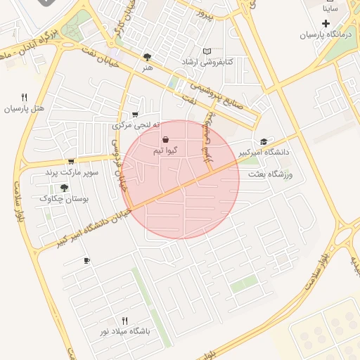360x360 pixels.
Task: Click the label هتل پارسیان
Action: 25,109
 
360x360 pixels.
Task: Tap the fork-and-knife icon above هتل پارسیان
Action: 25,98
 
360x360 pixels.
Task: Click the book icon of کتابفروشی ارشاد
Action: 207,51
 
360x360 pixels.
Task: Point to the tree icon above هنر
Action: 147,57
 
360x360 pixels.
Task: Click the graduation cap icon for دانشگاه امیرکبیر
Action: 264,141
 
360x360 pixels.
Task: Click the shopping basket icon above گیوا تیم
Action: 165,139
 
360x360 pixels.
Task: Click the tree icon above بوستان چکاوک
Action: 65,188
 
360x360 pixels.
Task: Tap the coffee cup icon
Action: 86,261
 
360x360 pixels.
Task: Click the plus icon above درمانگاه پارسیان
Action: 326,23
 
